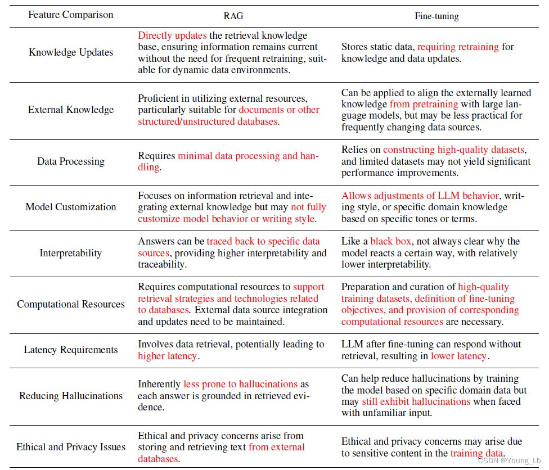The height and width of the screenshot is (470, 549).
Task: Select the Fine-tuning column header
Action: pyautogui.click(x=436, y=16)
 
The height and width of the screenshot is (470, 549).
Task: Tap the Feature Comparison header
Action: pyautogui.click(x=71, y=14)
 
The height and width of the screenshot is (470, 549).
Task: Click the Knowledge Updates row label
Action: pyautogui.click(x=71, y=52)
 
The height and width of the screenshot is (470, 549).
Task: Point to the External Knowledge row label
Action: pyautogui.click(x=71, y=110)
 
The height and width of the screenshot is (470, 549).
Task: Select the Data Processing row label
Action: pyautogui.click(x=71, y=161)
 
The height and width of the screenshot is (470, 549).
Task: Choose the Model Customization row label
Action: pyautogui.click(x=71, y=207)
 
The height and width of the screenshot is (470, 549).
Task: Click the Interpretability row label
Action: pyautogui.click(x=71, y=253)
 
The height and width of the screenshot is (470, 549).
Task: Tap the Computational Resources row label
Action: pyautogui.click(x=71, y=304)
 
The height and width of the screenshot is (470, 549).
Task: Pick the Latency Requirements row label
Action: pyautogui.click(x=71, y=350)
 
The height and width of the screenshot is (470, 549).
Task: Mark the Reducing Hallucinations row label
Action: pyautogui.click(x=71, y=396)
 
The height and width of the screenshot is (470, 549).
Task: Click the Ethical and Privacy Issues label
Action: pyautogui.click(x=71, y=447)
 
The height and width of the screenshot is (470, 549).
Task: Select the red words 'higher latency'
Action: pyautogui.click(x=168, y=356)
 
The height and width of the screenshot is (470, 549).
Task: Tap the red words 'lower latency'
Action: pyautogui.click(x=458, y=356)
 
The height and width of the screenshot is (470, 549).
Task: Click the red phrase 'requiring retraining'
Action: pyautogui.click(x=458, y=47)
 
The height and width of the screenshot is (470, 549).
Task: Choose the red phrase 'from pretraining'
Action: pyautogui.click(x=424, y=104)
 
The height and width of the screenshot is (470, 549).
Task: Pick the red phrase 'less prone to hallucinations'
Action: pyautogui.click(x=240, y=384)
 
